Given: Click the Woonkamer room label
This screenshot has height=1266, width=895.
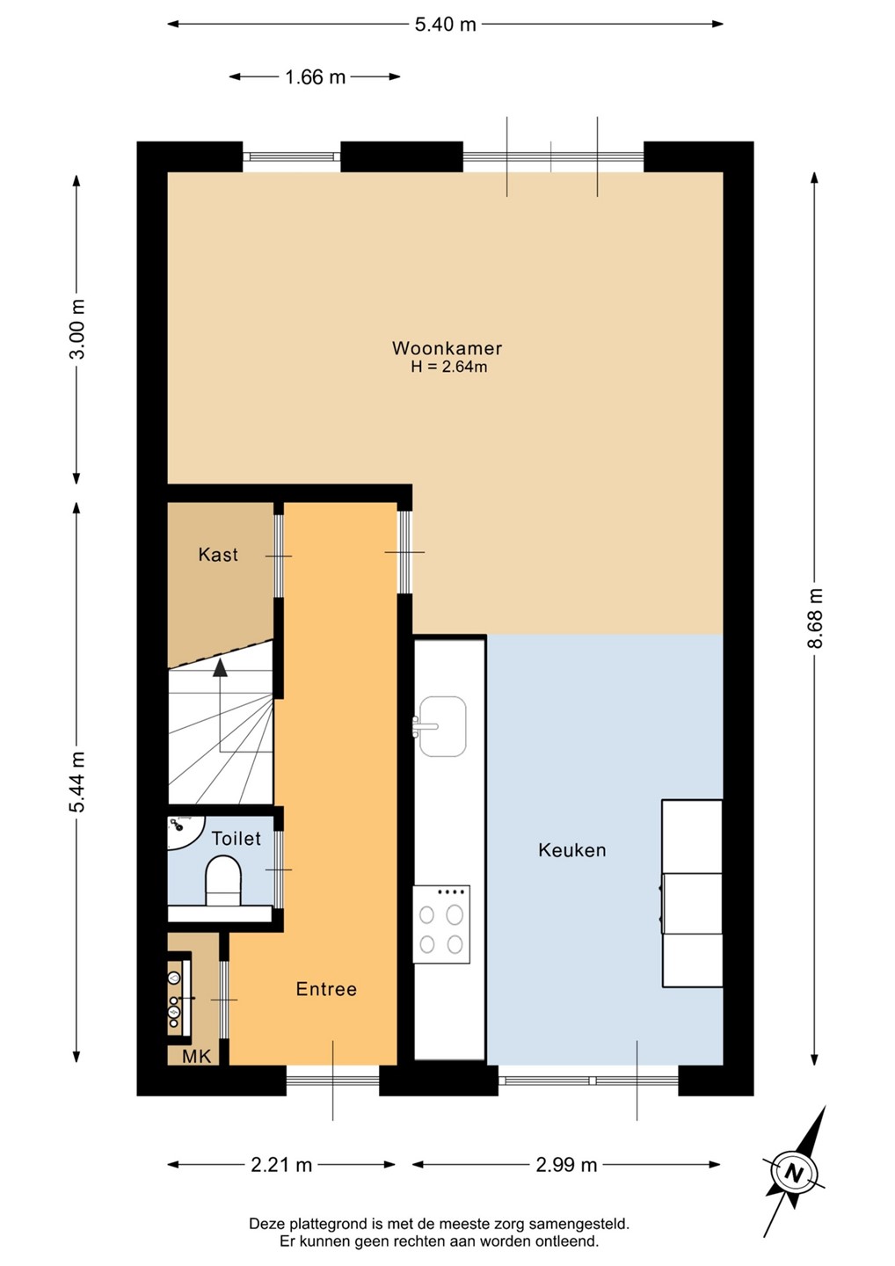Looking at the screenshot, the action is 447,347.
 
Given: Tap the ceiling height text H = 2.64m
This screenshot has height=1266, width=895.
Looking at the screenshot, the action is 448,367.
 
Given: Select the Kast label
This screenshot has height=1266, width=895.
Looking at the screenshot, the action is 218,555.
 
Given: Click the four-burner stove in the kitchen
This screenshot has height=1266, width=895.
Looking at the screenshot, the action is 441,924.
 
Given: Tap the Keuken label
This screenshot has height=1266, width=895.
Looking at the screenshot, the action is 571,850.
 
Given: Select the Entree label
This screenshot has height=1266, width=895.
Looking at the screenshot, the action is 326,988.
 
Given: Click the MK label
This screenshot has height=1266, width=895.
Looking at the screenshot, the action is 197,1056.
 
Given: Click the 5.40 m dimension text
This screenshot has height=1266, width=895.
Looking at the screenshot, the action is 445,25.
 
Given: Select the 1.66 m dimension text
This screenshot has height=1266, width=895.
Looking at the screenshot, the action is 315,76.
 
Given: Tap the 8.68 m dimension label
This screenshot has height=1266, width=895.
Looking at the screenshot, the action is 815,617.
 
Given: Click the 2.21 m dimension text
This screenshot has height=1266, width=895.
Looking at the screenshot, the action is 281,1164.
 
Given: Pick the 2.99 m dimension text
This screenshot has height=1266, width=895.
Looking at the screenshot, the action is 566,1164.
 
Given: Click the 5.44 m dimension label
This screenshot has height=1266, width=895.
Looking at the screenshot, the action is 77,782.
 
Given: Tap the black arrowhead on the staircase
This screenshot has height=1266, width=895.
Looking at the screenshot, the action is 220,667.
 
